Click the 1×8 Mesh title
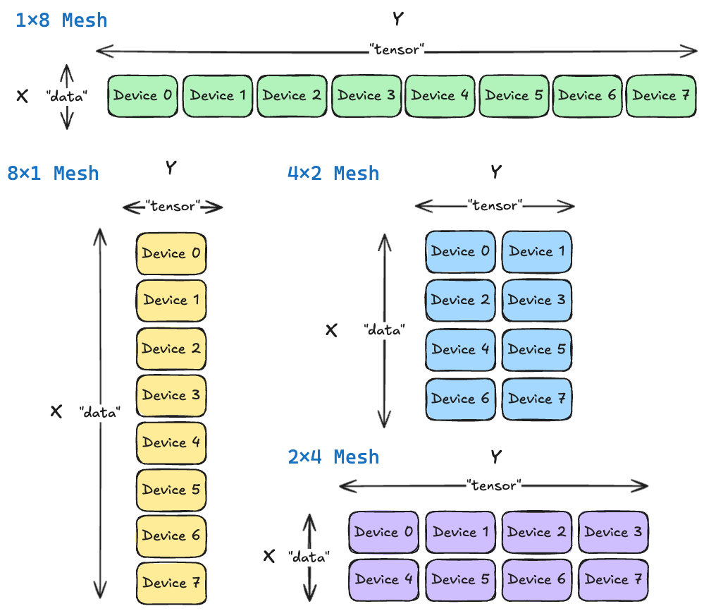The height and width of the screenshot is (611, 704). coord(61,20)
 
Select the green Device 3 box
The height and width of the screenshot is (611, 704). coord(366,96)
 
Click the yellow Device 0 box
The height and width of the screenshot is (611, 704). coord(171,253)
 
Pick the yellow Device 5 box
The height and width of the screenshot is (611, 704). coord(171,490)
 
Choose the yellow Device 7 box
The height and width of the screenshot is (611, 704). coord(171,583)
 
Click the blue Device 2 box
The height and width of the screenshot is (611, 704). coord(460,301)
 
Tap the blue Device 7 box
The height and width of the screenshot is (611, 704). coord(536,399)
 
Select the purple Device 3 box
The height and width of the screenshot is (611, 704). coord(613,532)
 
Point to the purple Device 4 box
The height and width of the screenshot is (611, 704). coord(383,580)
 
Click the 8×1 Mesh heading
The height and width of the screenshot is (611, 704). coord(53,173)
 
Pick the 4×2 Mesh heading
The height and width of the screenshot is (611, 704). coord(333,173)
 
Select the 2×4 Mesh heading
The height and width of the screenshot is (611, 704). coord(333,456)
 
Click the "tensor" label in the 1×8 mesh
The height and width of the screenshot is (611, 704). coord(397,50)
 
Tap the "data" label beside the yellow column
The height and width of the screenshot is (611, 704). coord(99,412)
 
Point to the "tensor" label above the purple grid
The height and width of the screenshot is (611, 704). coord(493,485)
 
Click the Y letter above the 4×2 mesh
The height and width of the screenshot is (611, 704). coord(495,171)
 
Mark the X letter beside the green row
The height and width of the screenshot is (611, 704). coord(23,96)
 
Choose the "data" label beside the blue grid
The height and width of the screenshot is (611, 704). coord(384,329)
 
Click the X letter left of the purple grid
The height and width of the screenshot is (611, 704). coord(268,556)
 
